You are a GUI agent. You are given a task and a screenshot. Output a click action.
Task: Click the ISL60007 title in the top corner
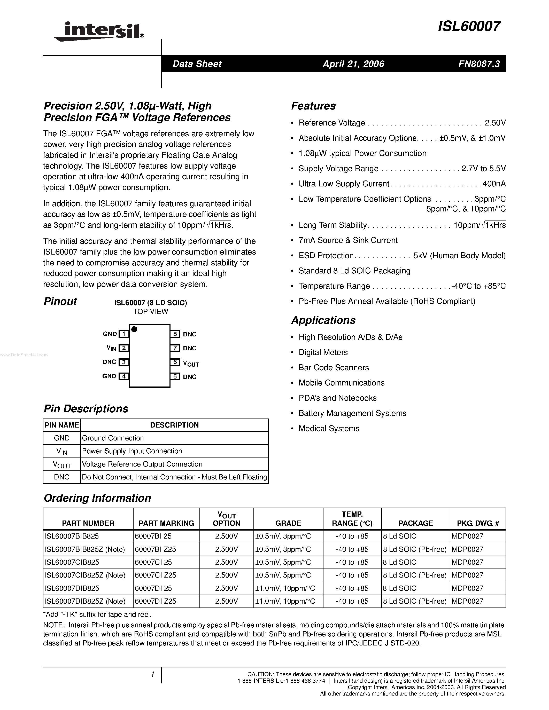(x=469, y=26)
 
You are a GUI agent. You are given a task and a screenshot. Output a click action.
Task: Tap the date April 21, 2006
(x=353, y=64)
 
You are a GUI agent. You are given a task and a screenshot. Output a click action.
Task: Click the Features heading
(x=313, y=106)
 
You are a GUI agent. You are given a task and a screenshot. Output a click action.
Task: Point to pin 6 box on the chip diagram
(x=175, y=362)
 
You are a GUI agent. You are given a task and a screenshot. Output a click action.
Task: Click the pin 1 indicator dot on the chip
(x=134, y=329)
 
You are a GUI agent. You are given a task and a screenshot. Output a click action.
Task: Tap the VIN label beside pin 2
(x=111, y=348)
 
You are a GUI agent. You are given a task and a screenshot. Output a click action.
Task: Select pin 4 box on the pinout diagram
(x=123, y=376)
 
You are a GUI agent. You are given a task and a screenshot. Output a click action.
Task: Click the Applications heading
(x=323, y=320)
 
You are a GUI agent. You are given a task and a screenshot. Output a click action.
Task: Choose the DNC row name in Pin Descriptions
(x=62, y=477)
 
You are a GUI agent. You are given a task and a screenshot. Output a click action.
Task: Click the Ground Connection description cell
(x=113, y=438)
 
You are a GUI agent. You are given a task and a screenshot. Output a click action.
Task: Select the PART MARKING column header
(x=166, y=523)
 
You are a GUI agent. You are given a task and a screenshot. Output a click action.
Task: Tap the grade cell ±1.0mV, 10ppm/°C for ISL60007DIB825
(x=285, y=588)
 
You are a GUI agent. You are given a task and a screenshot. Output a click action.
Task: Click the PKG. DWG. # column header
(x=478, y=523)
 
